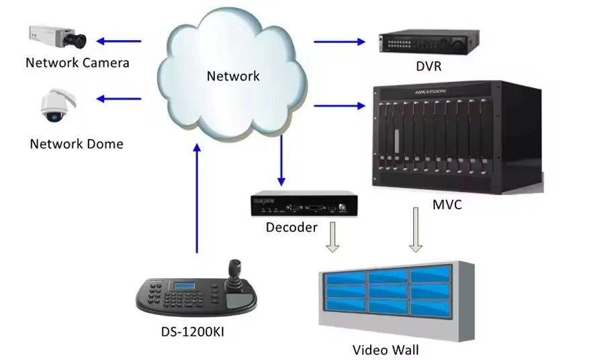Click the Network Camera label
pyautogui.click(x=77, y=63)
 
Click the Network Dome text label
pyautogui.click(x=77, y=144)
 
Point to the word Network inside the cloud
pyautogui.click(x=232, y=76)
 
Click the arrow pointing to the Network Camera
pyautogui.click(x=119, y=42)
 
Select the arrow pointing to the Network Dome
pyautogui.click(x=119, y=99)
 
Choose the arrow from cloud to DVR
pyautogui.click(x=339, y=42)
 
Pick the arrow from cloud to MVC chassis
pyautogui.click(x=339, y=105)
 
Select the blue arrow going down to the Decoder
pyautogui.click(x=281, y=162)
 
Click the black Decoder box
pyautogui.click(x=304, y=205)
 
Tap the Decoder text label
pyautogui.click(x=292, y=227)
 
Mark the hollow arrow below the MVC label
pyautogui.click(x=416, y=230)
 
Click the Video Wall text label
pyautogui.click(x=385, y=350)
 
